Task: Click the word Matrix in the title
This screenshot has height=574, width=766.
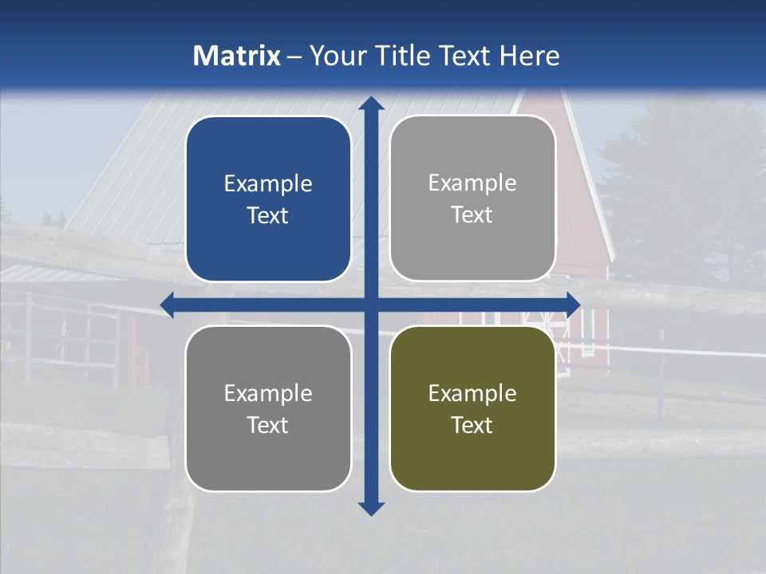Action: coord(237,56)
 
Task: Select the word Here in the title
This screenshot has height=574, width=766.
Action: coord(529,56)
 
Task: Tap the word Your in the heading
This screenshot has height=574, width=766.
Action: coord(334,56)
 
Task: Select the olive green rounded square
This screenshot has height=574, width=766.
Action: coord(472,454)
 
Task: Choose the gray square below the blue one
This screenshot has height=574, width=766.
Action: coord(268,454)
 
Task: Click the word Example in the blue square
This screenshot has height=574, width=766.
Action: coord(268,184)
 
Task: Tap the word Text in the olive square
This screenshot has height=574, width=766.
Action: coord(472,425)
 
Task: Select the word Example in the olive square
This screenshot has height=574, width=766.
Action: coord(472,393)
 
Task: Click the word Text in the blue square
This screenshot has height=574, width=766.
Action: coord(268,216)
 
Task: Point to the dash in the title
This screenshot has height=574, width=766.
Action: coord(294,57)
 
